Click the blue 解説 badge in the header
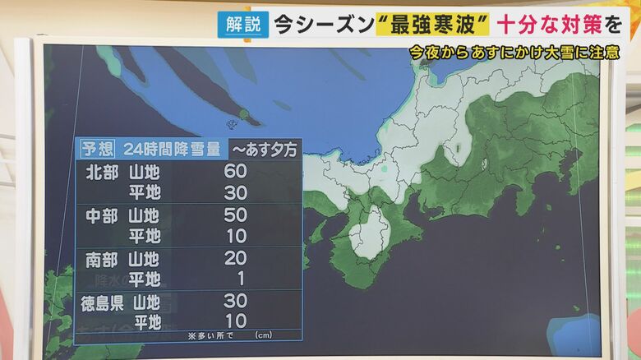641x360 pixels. [x=242, y=23]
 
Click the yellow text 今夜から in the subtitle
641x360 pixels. [x=440, y=53]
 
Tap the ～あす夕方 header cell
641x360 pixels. [x=265, y=149]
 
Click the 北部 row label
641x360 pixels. [x=102, y=172]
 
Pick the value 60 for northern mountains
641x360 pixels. [x=235, y=172]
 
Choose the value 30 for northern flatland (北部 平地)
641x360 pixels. [x=235, y=192]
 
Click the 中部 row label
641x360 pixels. [x=102, y=215]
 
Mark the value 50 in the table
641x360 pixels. [x=235, y=215]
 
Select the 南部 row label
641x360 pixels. [x=102, y=259]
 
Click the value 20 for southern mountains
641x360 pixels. [x=235, y=259]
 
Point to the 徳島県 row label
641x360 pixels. [x=102, y=302]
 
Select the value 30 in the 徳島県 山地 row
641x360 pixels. [x=235, y=302]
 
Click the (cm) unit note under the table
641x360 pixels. [x=263, y=335]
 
